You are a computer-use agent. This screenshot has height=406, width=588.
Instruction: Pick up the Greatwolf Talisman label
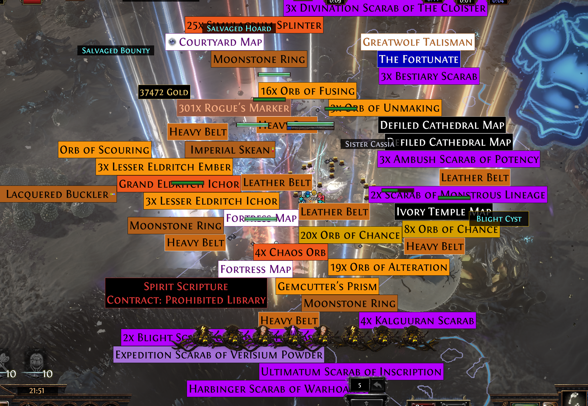[417, 42]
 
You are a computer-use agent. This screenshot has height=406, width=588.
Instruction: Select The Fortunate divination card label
[419, 59]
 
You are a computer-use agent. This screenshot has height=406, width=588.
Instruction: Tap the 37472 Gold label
[164, 92]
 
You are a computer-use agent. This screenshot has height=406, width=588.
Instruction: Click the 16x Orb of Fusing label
[307, 91]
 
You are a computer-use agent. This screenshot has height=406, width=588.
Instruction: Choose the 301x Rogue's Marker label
[234, 108]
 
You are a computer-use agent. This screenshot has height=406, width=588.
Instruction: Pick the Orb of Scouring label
[104, 150]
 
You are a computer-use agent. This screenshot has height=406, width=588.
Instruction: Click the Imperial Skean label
[230, 150]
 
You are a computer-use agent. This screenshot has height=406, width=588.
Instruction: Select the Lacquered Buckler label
[57, 194]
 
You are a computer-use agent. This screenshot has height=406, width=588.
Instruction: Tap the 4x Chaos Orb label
[290, 252]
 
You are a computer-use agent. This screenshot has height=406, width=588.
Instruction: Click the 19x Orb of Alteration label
[388, 267]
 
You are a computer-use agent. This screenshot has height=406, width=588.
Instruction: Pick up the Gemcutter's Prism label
[327, 286]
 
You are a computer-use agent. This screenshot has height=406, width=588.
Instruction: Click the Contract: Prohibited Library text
[186, 300]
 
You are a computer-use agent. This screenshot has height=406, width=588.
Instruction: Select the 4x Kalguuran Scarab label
[417, 320]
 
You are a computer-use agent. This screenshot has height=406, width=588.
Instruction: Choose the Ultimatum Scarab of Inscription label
[351, 372]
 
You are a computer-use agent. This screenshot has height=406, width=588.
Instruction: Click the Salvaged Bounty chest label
[116, 51]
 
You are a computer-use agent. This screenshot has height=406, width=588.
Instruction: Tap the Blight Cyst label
[499, 219]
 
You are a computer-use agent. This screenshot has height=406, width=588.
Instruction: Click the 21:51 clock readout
[37, 390]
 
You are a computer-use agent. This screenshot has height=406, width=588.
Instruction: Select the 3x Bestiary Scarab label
[429, 76]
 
